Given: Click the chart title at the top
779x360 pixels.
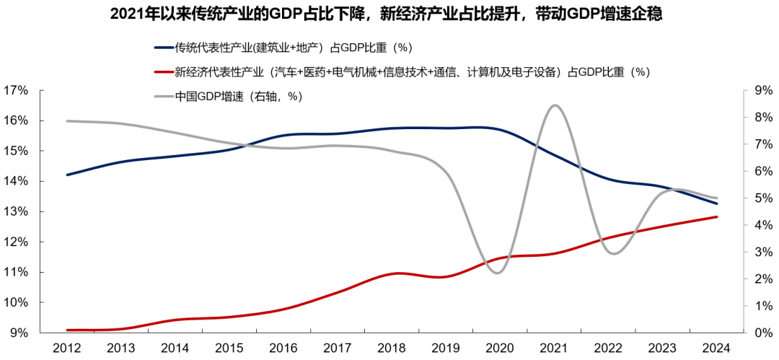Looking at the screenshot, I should point(389,14).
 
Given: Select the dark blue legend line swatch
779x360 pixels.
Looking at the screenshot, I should point(164,48).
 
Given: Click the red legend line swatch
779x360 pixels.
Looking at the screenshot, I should point(164,71).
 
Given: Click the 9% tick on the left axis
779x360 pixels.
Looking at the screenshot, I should point(19,333).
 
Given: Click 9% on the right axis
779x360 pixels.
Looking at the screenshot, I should point(762,90).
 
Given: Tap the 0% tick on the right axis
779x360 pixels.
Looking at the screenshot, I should point(762,333).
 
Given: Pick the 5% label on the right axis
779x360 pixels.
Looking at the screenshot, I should point(762,198).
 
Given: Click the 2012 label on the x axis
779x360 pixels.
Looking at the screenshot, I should point(67,348).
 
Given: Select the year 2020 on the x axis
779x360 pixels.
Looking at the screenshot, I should point(500,348).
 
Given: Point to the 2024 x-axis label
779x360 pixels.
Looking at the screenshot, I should point(717,348).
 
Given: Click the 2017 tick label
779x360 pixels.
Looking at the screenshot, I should point(338,348).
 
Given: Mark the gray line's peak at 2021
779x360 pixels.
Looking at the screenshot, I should point(554,105).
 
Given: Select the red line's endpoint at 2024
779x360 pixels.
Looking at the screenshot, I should point(717,216).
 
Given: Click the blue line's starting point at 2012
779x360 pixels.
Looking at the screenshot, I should point(67,175).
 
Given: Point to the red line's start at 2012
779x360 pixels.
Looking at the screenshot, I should point(67,330).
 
